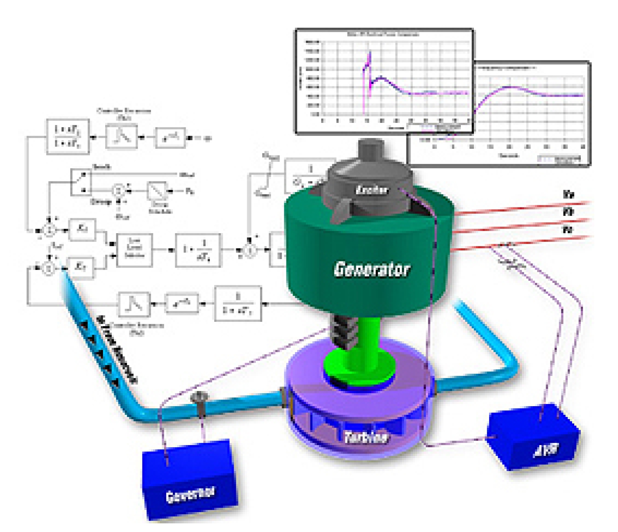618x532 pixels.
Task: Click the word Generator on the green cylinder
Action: click(x=371, y=269)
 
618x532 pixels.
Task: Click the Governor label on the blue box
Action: click(x=190, y=495)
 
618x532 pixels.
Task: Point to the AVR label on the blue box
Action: click(x=546, y=450)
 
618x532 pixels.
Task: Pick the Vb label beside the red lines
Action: click(x=568, y=212)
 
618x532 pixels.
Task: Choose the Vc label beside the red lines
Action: click(x=568, y=229)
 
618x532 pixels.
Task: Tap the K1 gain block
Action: click(x=82, y=228)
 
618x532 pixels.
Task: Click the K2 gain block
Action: click(x=80, y=266)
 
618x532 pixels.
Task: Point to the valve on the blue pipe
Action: click(x=200, y=400)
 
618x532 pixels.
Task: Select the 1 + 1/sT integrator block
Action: click(x=198, y=250)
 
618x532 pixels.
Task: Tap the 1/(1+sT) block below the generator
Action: click(x=238, y=304)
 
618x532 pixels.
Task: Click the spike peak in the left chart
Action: click(x=370, y=54)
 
